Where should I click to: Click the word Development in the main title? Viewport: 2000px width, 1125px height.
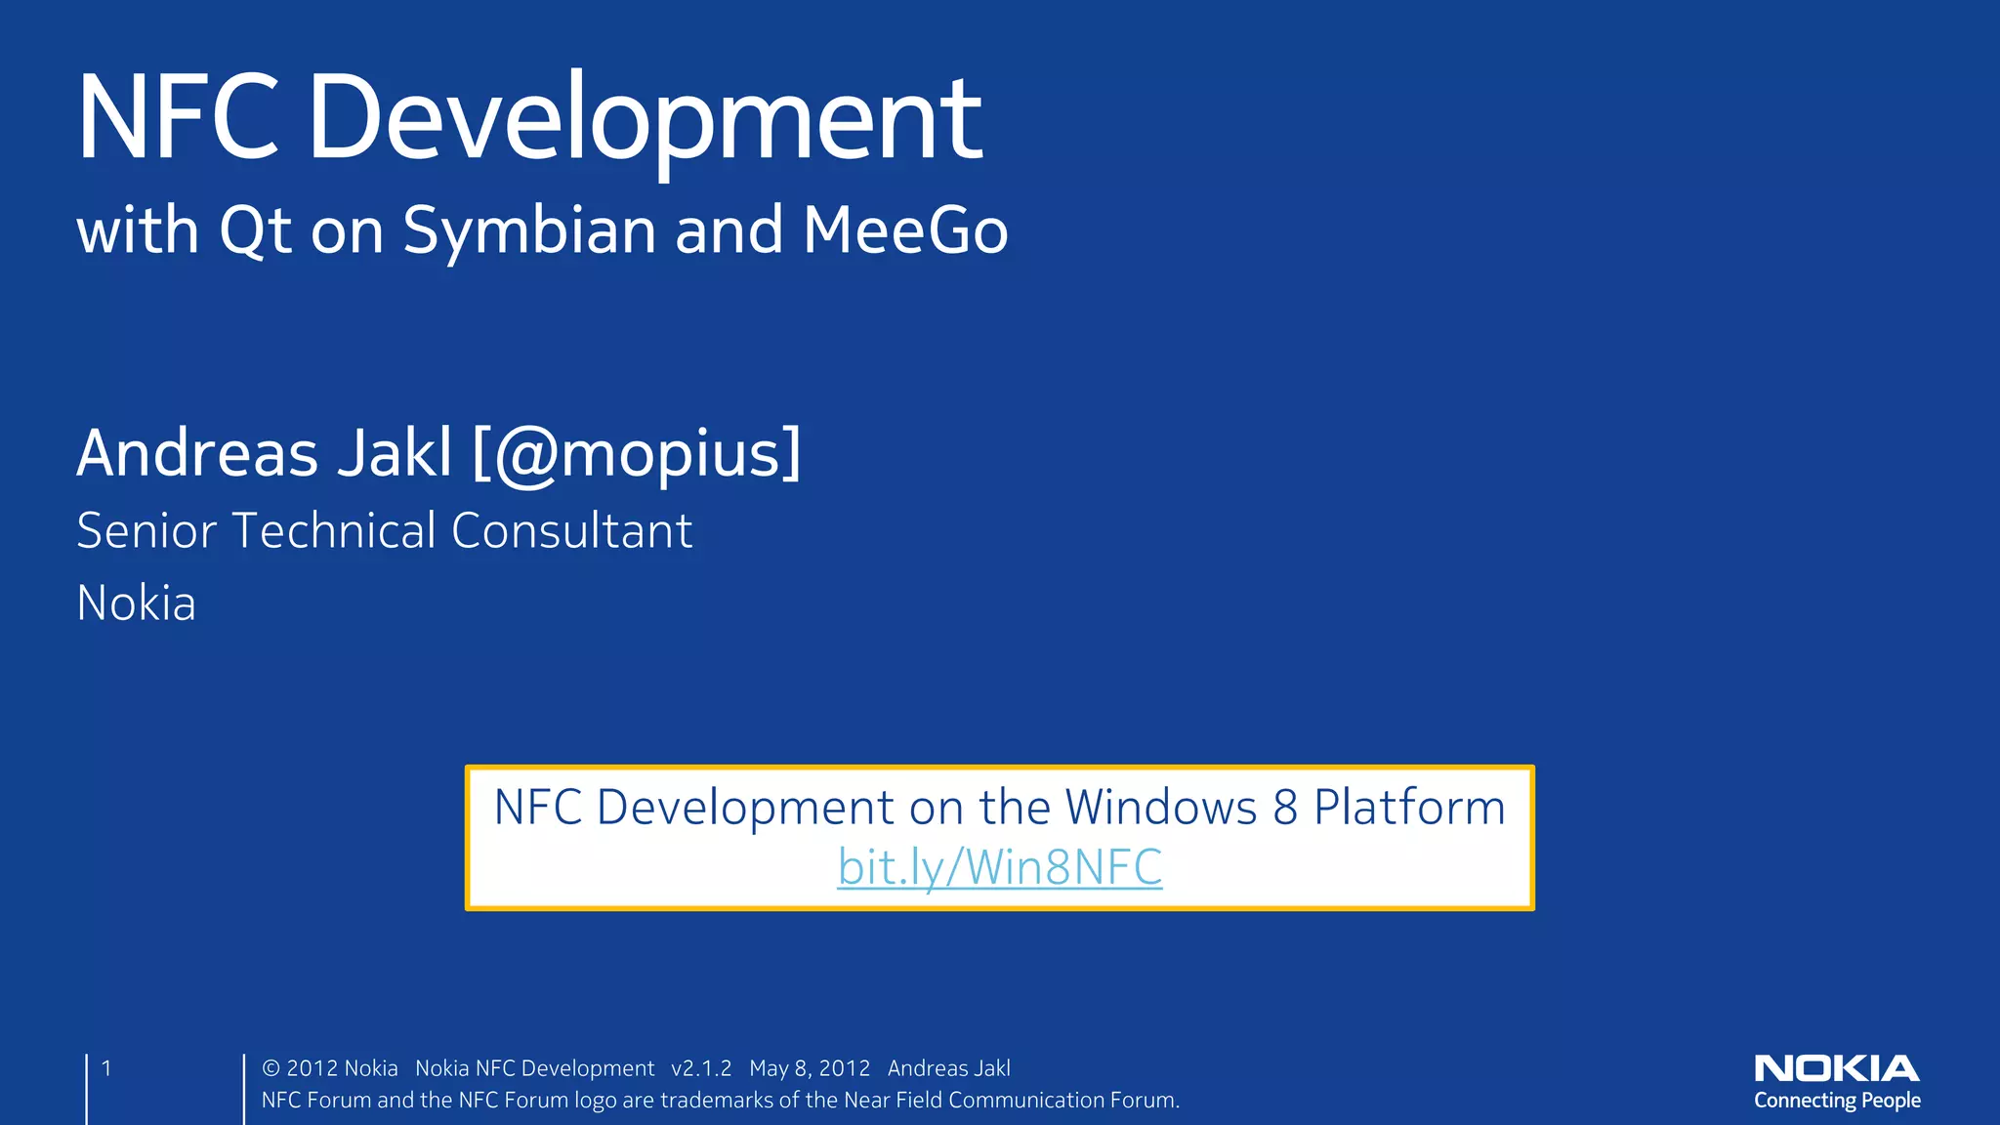pos(645,119)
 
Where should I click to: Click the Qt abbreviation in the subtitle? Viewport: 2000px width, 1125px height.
pos(255,232)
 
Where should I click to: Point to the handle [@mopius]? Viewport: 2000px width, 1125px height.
pos(637,454)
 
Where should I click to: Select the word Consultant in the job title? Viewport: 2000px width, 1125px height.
pos(571,531)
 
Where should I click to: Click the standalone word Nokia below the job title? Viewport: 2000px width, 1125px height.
pos(136,604)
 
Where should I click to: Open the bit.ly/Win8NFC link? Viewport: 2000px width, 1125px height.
pos(1000,867)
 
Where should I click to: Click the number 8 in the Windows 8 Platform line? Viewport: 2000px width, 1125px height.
pos(1285,808)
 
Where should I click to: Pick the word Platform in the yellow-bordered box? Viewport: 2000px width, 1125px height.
pos(1409,808)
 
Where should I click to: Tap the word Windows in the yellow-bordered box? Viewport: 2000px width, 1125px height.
pos(1160,808)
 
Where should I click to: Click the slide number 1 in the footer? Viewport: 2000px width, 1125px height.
pos(106,1068)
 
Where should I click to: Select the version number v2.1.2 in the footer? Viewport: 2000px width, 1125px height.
pos(701,1069)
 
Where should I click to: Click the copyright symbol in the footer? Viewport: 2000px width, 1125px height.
pos(271,1069)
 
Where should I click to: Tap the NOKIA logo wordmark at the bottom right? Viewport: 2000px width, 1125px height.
pos(1836,1068)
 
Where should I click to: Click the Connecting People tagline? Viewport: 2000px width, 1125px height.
pos(1836,1101)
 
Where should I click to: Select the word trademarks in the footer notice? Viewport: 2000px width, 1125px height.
pos(716,1101)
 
